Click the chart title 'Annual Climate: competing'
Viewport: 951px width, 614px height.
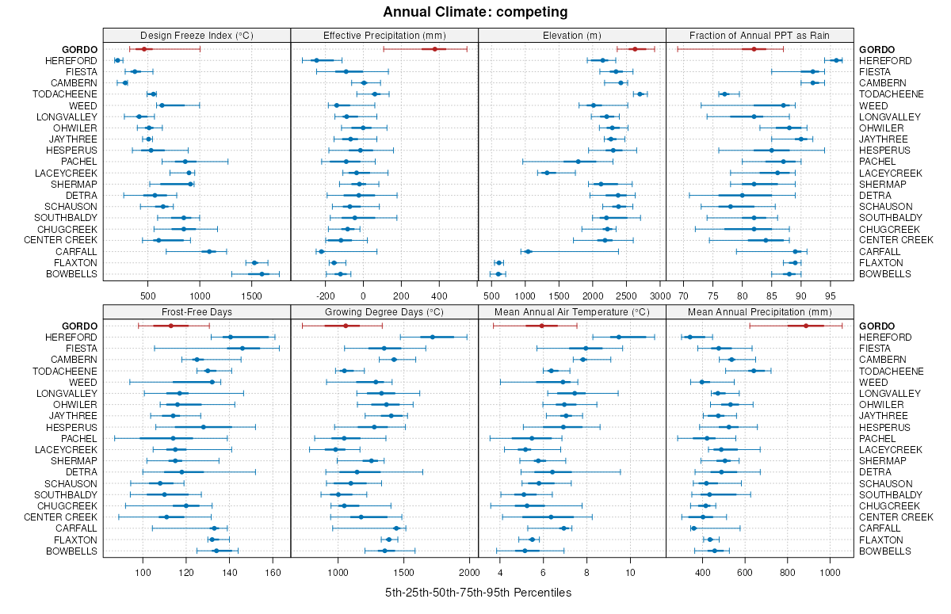[475, 12]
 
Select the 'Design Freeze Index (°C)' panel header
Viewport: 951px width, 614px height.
[197, 35]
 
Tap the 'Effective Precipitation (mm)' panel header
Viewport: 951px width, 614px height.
[384, 35]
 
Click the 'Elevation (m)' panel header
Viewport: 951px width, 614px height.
[572, 35]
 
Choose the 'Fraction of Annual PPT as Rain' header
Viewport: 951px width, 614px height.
[759, 35]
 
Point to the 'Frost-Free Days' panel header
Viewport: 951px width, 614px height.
[197, 311]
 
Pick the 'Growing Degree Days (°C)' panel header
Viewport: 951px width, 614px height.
[384, 311]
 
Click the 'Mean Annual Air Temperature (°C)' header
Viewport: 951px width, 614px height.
[572, 311]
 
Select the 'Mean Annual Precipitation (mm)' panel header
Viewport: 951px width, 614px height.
[759, 311]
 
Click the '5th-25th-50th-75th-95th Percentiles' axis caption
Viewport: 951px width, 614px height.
[478, 593]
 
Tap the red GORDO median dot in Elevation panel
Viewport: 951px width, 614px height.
[634, 49]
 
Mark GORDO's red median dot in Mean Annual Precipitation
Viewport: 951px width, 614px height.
[806, 326]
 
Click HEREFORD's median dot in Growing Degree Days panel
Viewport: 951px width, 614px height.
[433, 337]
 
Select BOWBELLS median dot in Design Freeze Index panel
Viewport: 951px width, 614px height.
[262, 274]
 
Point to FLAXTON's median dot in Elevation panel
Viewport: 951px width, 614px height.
[498, 263]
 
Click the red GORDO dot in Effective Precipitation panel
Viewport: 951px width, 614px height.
[435, 49]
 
